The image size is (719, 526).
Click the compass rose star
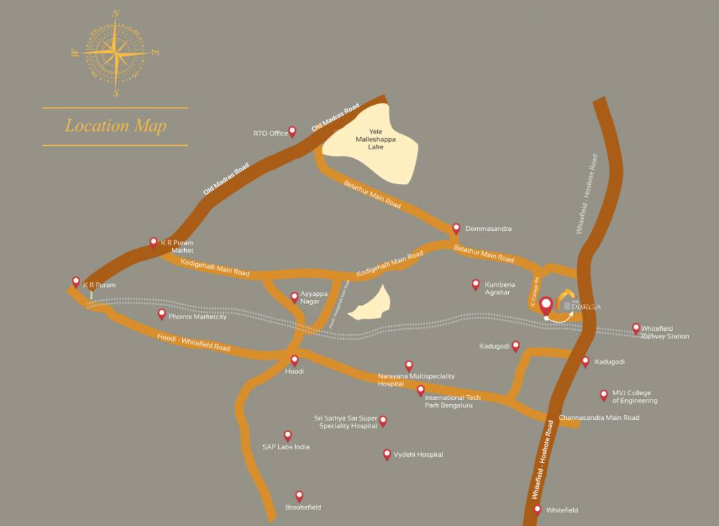116,53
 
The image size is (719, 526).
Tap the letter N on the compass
116,13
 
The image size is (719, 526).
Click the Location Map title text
115,126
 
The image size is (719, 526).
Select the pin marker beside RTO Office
292,131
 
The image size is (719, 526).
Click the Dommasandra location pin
456,228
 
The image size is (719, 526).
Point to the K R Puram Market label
177,247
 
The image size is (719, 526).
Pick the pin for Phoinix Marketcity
162,314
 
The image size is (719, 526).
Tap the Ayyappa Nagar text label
314,297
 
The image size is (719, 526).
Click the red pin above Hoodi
294,360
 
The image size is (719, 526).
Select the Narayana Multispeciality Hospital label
416,380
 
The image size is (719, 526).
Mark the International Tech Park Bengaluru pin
420,390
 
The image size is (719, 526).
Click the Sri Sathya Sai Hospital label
346,422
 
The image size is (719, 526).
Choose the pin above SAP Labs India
288,436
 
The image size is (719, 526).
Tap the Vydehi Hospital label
418,454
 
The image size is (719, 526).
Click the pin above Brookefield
299,495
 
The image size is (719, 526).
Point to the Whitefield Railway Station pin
636,328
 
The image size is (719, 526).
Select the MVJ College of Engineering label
635,397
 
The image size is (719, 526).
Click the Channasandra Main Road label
598,418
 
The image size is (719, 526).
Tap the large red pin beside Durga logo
546,305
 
